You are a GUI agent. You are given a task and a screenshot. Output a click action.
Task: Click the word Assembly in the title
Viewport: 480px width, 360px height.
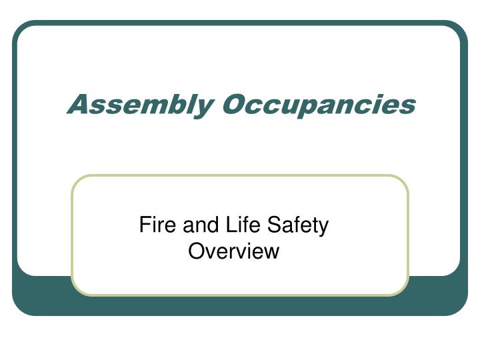click(x=141, y=105)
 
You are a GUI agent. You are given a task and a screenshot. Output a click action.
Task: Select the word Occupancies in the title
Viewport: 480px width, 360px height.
click(x=319, y=105)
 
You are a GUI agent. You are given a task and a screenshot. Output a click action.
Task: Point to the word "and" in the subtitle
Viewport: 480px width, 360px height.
click(x=196, y=225)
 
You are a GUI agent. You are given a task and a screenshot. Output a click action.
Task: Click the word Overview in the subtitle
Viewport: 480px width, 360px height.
click(x=233, y=251)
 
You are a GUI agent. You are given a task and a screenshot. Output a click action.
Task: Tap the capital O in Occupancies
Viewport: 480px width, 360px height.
click(x=233, y=104)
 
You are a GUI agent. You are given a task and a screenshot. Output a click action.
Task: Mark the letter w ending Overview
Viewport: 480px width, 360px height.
click(x=271, y=252)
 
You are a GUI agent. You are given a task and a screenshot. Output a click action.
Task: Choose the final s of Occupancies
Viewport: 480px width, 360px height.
click(x=408, y=105)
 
